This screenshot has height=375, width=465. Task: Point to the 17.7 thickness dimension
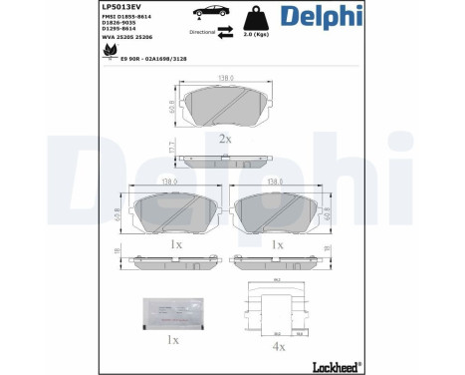[x=172, y=149]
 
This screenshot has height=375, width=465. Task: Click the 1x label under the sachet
[x=173, y=340]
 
